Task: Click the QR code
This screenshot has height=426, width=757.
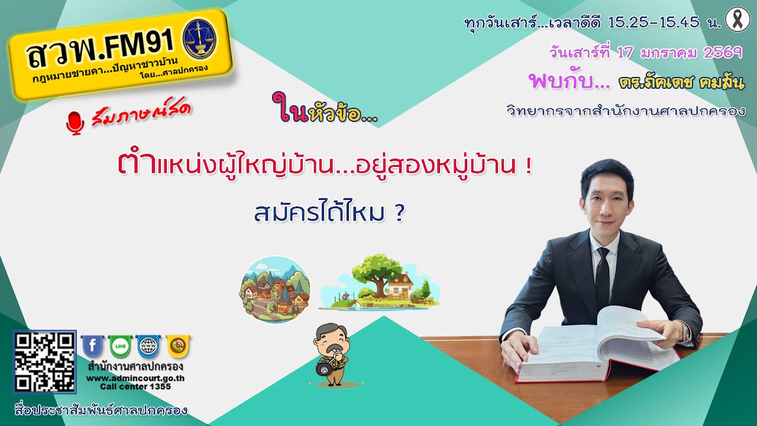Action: [x=45, y=362]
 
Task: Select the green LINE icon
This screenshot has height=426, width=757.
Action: [x=120, y=346]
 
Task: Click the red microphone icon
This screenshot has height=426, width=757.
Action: [x=75, y=122]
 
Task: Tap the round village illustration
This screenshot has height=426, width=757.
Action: [x=274, y=289]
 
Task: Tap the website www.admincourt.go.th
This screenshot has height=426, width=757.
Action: [x=135, y=378]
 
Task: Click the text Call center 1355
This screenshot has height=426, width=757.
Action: [x=135, y=386]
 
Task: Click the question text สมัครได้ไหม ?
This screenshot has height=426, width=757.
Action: [x=329, y=213]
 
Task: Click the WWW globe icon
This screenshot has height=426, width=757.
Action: [x=148, y=346]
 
